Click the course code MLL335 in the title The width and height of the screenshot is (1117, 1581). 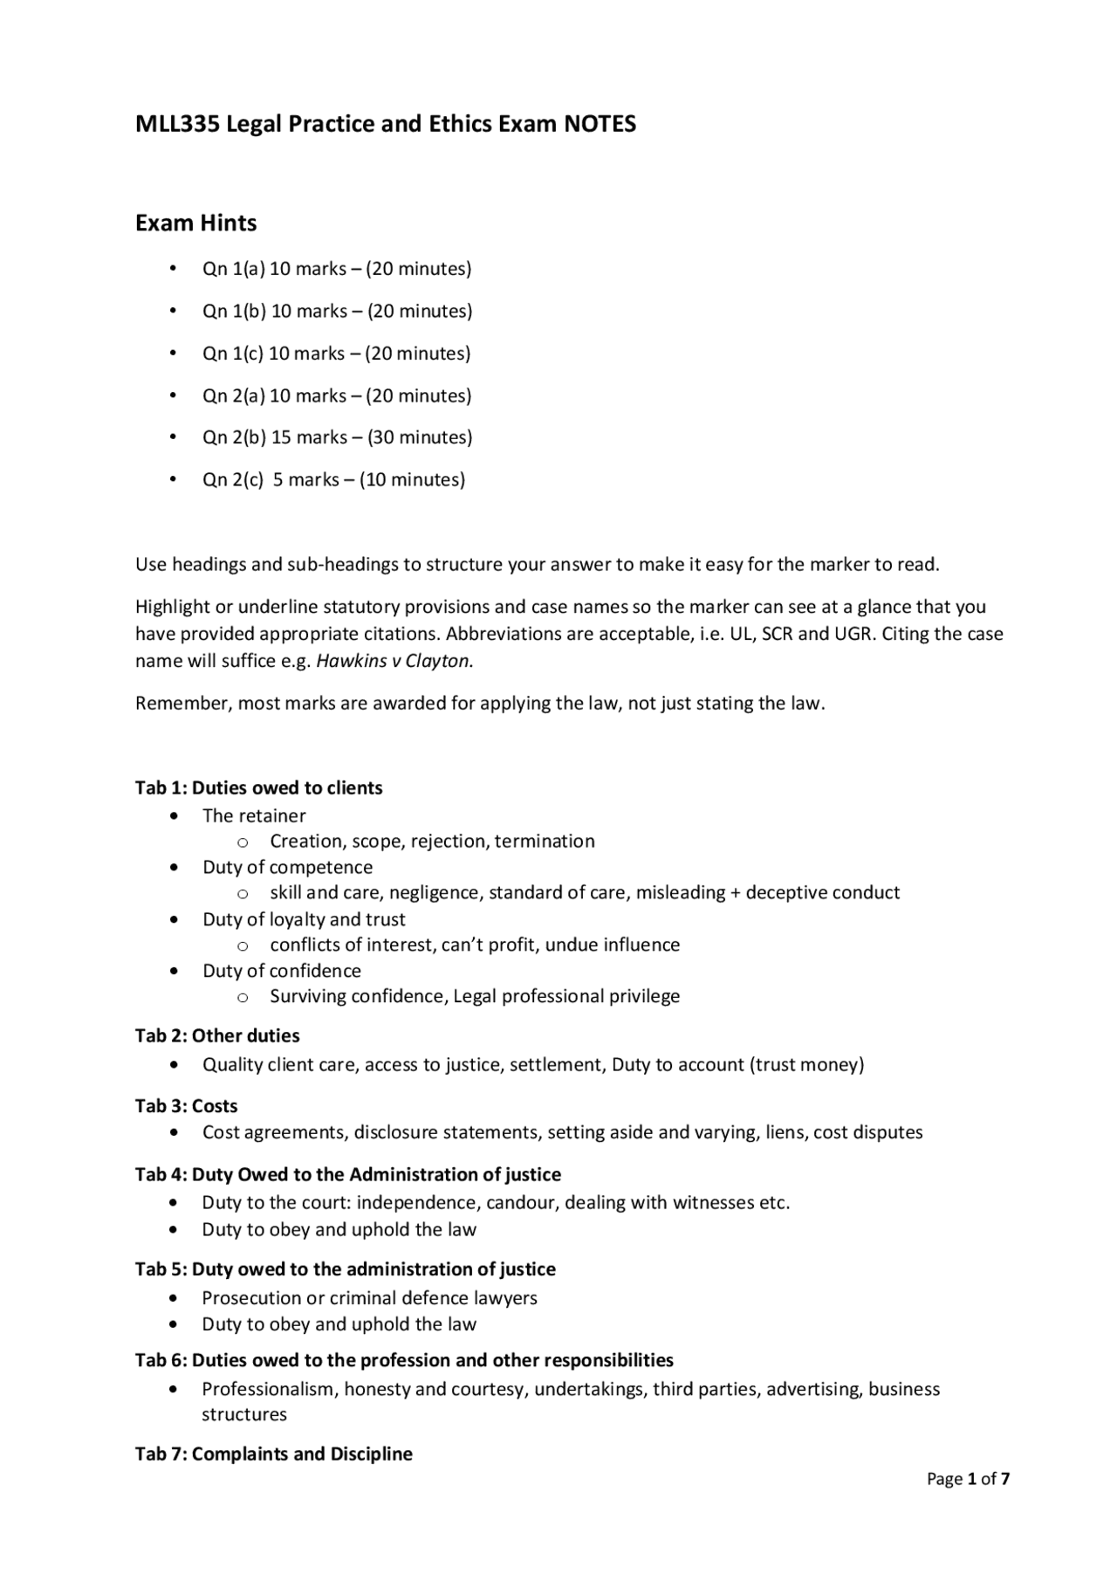point(177,124)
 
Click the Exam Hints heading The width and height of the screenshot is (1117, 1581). point(195,223)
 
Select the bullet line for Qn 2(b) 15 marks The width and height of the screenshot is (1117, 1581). point(337,437)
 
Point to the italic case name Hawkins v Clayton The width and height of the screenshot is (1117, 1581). point(393,661)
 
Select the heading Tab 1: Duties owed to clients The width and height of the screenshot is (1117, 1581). point(258,787)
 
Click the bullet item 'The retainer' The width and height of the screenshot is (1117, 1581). point(254,815)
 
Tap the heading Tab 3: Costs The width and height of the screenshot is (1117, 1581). point(186,1105)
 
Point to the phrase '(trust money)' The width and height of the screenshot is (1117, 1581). point(806,1064)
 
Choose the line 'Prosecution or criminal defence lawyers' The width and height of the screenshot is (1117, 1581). point(369,1297)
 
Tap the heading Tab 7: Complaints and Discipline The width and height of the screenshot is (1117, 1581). point(273,1454)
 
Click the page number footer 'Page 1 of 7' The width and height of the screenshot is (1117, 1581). point(968,1479)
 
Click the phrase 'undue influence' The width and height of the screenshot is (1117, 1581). point(612,945)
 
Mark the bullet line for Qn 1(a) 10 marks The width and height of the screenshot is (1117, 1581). point(336,269)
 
